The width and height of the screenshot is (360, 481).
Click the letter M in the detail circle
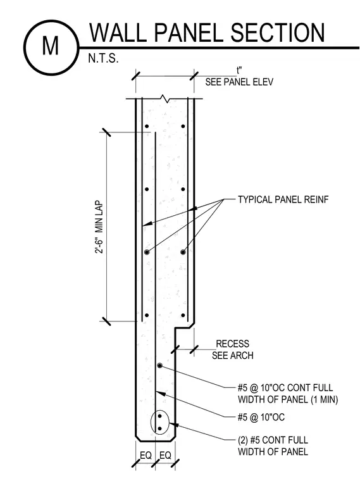tap(50, 46)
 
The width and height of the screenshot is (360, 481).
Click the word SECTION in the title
tap(277, 32)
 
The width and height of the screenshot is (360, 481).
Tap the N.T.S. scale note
tap(103, 58)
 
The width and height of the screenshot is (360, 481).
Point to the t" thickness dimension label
tap(239, 70)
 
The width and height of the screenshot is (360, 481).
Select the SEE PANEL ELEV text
tap(239, 82)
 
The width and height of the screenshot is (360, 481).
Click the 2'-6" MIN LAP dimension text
tap(99, 227)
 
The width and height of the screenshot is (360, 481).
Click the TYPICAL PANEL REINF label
tap(283, 199)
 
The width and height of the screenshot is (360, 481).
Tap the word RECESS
tap(232, 344)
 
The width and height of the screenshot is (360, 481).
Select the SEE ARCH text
tap(233, 356)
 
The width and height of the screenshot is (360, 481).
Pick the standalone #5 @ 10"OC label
tap(261, 417)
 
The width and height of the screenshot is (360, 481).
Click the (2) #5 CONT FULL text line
tap(273, 440)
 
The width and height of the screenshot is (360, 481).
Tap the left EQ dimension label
tap(146, 456)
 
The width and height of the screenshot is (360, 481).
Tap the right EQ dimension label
tap(165, 456)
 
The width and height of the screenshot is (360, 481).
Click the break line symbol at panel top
tap(164, 99)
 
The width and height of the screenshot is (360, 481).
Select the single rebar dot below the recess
tap(160, 366)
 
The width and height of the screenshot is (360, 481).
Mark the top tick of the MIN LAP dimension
tap(105, 132)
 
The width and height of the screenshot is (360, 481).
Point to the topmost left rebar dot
tap(147, 126)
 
